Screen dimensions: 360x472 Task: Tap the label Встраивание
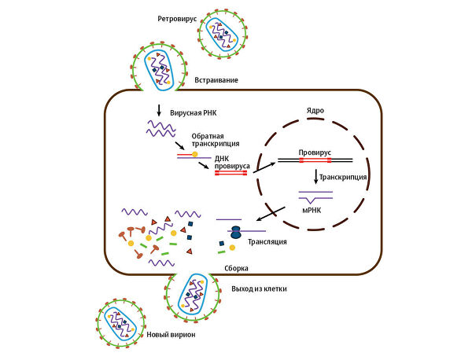[x=216, y=80]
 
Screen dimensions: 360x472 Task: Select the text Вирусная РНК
[x=194, y=113]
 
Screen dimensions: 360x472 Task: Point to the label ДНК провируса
[x=231, y=162]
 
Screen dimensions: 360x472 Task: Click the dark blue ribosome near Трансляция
[x=235, y=233]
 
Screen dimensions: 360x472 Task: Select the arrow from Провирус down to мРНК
[x=315, y=178]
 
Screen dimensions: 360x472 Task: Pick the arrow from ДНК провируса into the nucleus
[x=264, y=164]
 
